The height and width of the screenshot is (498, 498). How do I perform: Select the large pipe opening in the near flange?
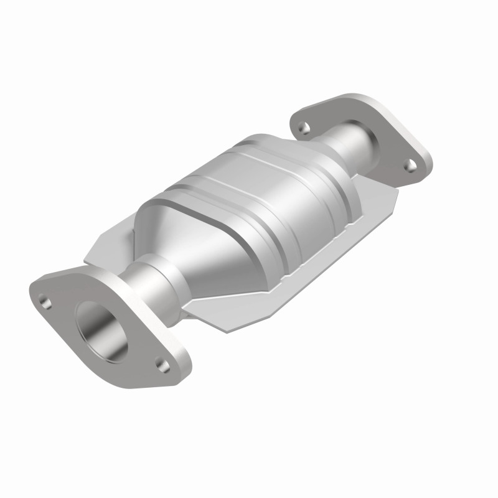(x=101, y=331)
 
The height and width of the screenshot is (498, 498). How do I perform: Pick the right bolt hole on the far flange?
(x=411, y=164)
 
